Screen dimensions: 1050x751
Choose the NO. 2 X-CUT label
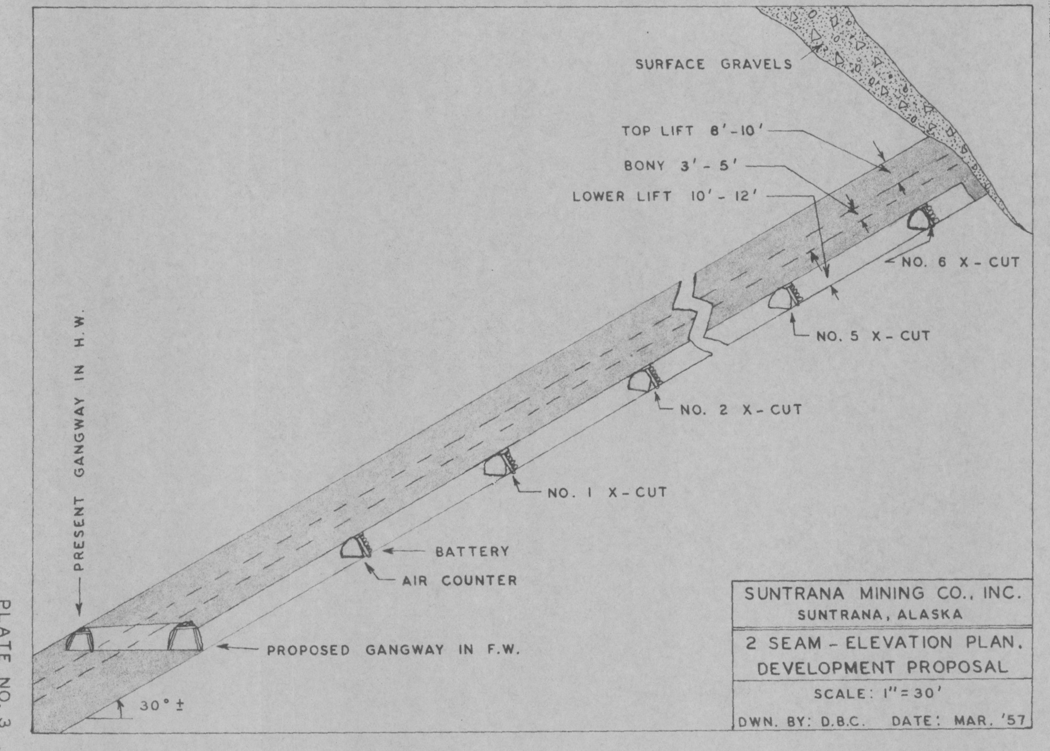tap(741, 410)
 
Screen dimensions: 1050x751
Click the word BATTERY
tap(472, 552)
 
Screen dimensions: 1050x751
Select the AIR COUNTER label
tap(459, 581)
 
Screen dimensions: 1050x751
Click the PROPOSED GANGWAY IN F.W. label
tap(394, 650)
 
